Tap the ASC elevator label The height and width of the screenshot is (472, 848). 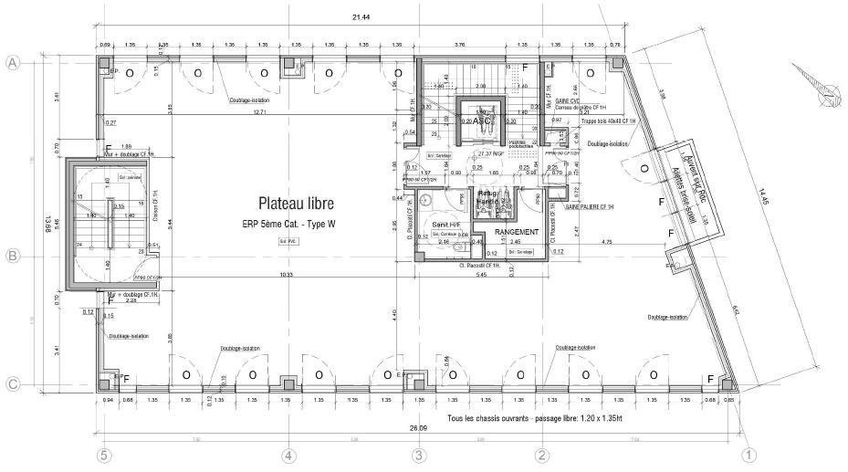tap(483, 120)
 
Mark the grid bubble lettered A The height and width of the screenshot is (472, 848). tap(13, 63)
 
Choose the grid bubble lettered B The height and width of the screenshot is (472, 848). tap(13, 257)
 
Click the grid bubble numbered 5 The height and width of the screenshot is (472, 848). tap(105, 454)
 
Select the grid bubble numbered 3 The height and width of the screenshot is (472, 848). tap(418, 454)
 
